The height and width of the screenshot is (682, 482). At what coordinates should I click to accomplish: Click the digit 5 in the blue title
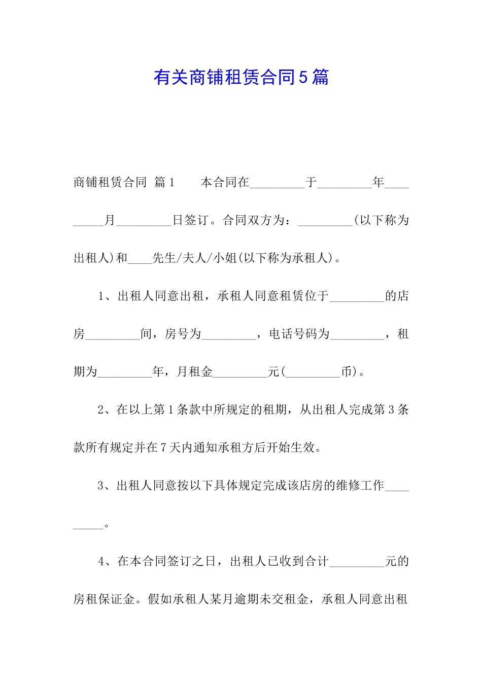(303, 78)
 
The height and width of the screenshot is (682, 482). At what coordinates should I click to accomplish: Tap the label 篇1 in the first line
(164, 182)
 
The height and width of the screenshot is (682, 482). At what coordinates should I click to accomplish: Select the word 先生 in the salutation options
(164, 258)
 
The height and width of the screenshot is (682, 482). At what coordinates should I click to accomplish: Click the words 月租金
(194, 372)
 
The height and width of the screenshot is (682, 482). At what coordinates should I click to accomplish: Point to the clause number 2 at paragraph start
(101, 410)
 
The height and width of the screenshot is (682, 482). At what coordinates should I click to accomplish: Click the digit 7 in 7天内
(164, 448)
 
